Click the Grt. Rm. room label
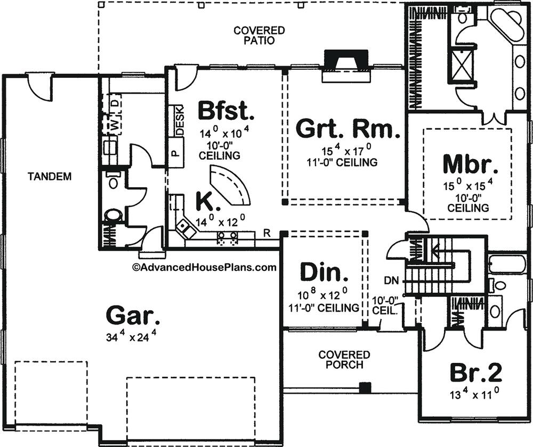(348, 129)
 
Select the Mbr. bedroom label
(471, 164)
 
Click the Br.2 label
(476, 372)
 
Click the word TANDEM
(50, 177)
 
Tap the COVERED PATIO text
(259, 35)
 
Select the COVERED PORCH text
(344, 360)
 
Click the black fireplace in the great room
(346, 61)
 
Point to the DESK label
(180, 121)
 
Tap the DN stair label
(391, 280)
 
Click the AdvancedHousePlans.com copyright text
(204, 268)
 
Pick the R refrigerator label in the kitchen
(267, 233)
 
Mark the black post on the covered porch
(365, 387)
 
